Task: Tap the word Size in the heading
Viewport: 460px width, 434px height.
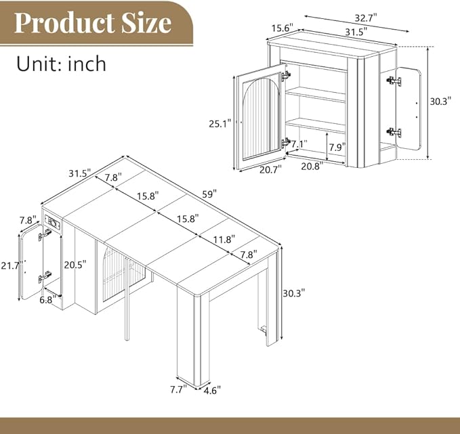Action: click(147, 23)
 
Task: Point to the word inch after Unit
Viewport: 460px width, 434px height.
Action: click(87, 64)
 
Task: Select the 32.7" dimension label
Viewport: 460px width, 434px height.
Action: click(366, 18)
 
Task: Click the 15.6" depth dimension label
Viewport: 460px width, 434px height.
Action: click(283, 28)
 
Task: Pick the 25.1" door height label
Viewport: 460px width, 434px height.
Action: click(220, 124)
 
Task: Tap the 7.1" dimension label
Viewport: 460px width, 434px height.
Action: click(299, 144)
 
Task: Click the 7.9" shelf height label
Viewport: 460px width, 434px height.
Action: click(337, 147)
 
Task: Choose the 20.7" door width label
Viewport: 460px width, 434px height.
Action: click(270, 169)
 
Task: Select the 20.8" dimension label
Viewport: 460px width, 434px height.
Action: click(312, 167)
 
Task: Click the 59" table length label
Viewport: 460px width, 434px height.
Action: click(209, 194)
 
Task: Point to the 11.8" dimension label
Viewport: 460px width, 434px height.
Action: click(224, 240)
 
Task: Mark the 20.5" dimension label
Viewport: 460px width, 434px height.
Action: click(75, 265)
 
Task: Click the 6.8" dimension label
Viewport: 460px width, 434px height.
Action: click(48, 300)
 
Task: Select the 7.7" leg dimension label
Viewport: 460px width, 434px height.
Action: click(178, 389)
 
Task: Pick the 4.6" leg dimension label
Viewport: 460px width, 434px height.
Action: click(212, 390)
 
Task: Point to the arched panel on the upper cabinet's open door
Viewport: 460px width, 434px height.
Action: click(261, 116)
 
